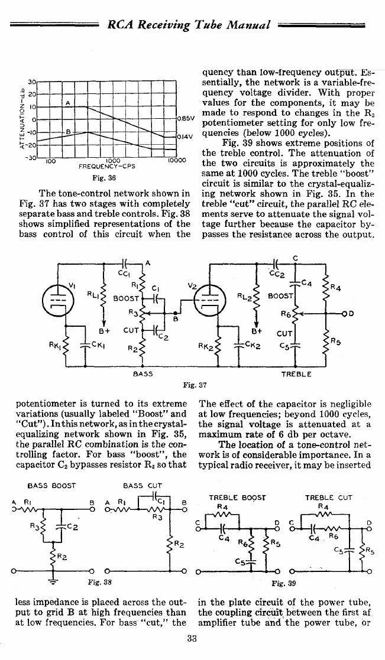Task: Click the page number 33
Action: (192, 638)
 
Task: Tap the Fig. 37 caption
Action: (195, 384)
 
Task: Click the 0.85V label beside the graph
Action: (185, 118)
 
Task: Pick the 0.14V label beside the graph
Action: (185, 136)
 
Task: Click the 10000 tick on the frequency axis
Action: (176, 160)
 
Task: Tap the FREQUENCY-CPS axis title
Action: (107, 166)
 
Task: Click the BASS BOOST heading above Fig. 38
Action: (51, 485)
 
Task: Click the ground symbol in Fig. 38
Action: (53, 577)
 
